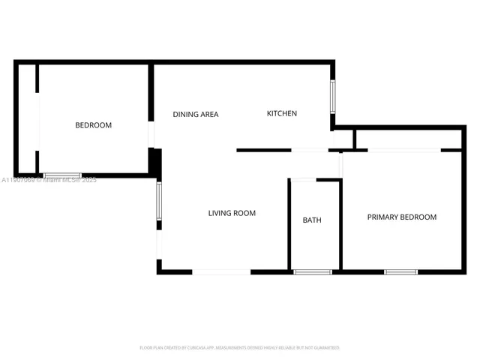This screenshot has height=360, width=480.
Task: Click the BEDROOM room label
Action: pyautogui.click(x=93, y=125)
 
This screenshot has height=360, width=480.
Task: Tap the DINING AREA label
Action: pyautogui.click(x=196, y=115)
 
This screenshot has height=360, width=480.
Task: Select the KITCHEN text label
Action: pyautogui.click(x=282, y=113)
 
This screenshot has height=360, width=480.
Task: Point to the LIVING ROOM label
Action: pyautogui.click(x=232, y=213)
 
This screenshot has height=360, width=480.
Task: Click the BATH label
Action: pyautogui.click(x=312, y=220)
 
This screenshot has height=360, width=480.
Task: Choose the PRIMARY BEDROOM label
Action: pyautogui.click(x=401, y=217)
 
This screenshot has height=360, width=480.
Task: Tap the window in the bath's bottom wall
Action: pyautogui.click(x=312, y=271)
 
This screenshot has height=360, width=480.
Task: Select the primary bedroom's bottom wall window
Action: pyautogui.click(x=400, y=271)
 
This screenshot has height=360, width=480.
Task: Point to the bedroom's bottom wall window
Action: pyautogui.click(x=62, y=175)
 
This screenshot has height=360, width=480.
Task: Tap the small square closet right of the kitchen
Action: pyautogui.click(x=343, y=139)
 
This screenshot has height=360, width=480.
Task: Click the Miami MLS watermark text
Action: pyautogui.click(x=49, y=180)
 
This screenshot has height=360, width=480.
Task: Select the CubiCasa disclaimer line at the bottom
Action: pyautogui.click(x=240, y=348)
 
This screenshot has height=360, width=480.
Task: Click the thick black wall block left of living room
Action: pyautogui.click(x=155, y=162)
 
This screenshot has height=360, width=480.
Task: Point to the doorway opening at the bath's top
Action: pyautogui.click(x=303, y=180)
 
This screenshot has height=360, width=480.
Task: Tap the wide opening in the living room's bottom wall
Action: pyautogui.click(x=222, y=271)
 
